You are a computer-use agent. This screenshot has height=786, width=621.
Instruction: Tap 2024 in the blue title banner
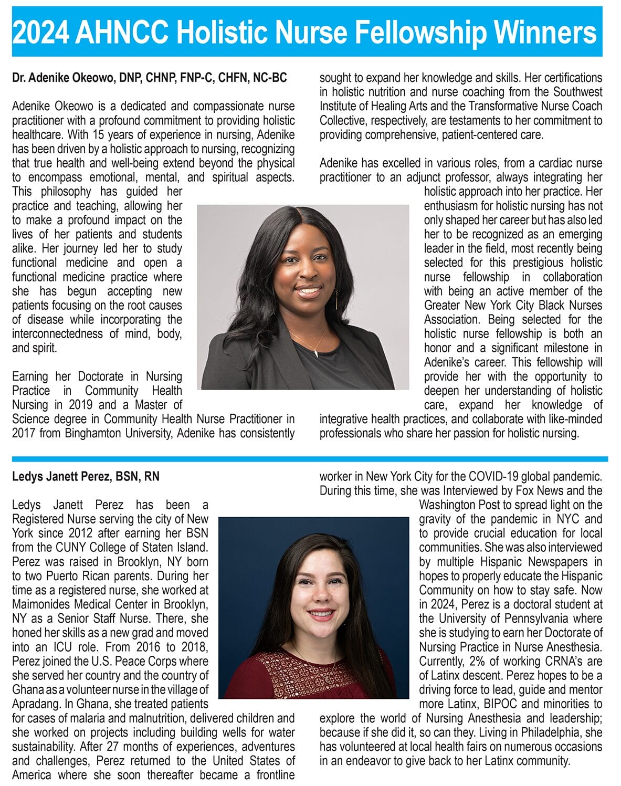(40, 33)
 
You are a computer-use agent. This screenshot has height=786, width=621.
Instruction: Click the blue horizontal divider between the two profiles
(310, 459)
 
